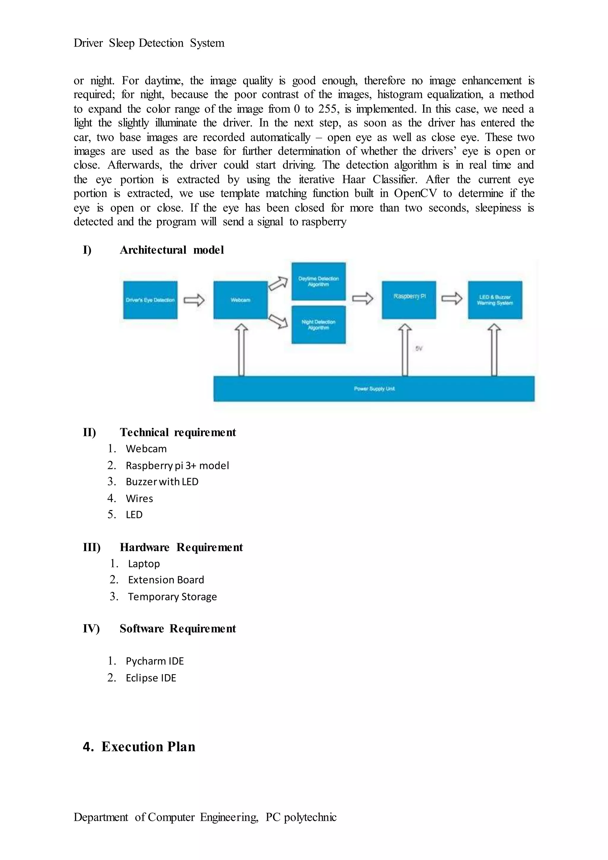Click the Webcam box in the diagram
click(x=240, y=300)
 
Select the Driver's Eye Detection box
click(x=150, y=300)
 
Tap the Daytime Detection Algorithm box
click(x=318, y=281)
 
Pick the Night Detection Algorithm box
click(x=318, y=325)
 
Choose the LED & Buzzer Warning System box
click(x=495, y=300)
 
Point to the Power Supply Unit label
click(x=374, y=389)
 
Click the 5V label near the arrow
click(x=419, y=348)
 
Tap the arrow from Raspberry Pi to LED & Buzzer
click(x=452, y=298)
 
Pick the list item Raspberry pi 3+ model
click(x=177, y=465)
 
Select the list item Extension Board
click(x=166, y=580)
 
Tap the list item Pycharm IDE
click(x=155, y=661)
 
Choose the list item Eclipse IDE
click(x=151, y=678)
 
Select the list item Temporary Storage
click(x=172, y=597)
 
